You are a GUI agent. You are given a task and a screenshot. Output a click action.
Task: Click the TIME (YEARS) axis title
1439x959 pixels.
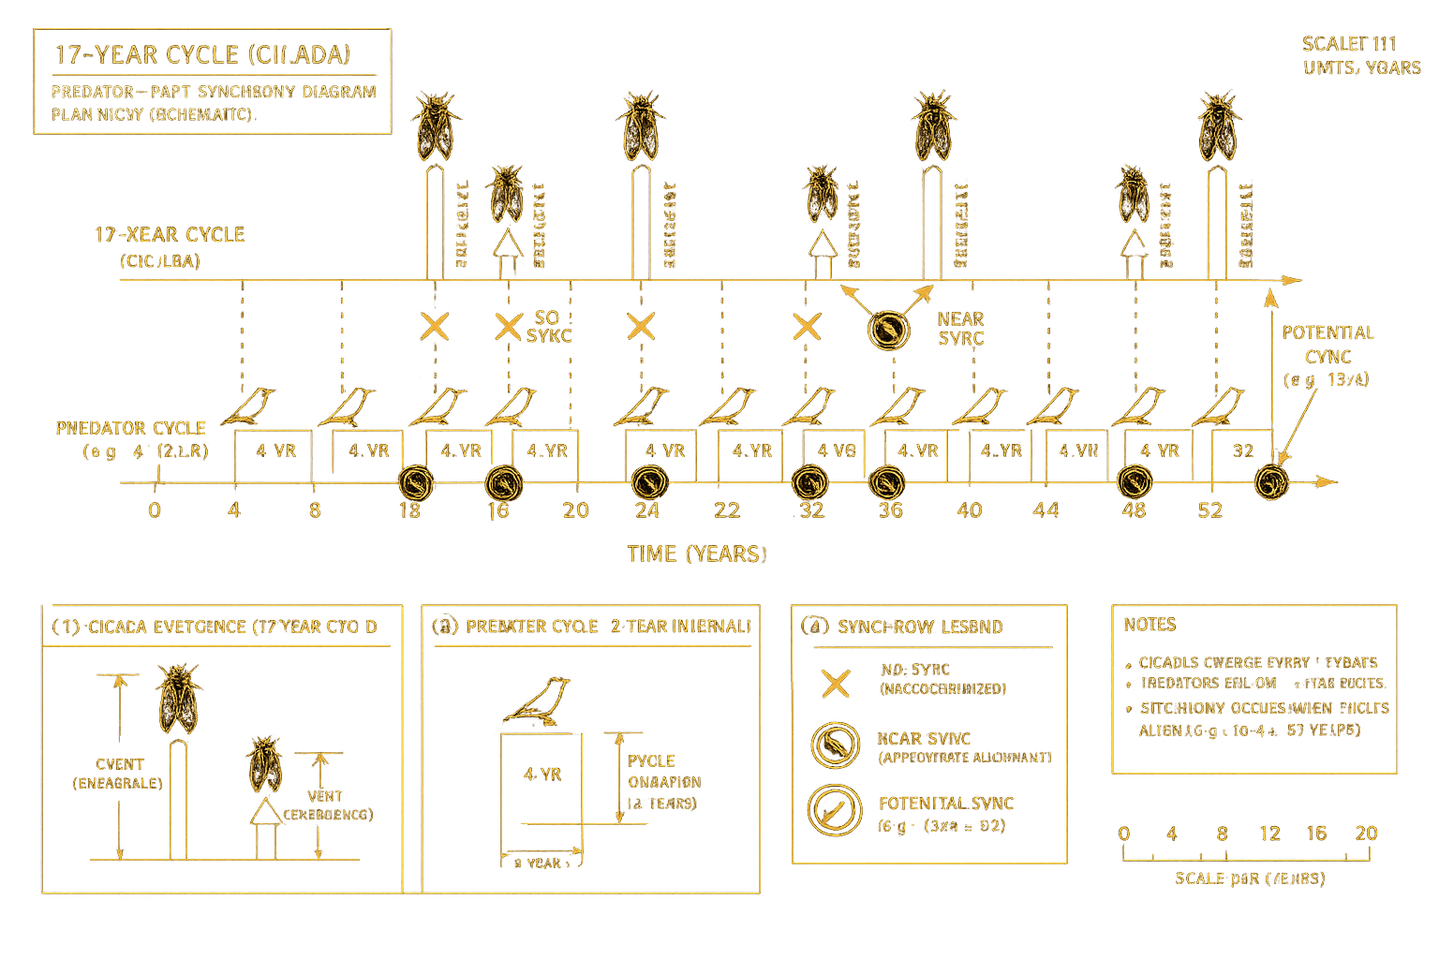(x=697, y=553)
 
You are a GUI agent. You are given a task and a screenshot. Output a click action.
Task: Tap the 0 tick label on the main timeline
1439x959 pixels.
(x=155, y=510)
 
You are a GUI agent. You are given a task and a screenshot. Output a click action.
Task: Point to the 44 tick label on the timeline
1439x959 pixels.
(x=1046, y=510)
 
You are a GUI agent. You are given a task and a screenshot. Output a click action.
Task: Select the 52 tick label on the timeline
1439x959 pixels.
(x=1210, y=510)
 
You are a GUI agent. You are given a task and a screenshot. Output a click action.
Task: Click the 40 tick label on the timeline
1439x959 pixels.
(x=969, y=510)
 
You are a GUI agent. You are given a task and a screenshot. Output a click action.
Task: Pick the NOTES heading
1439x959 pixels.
(x=1150, y=625)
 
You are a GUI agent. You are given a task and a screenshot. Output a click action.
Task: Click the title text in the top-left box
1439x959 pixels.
(x=202, y=55)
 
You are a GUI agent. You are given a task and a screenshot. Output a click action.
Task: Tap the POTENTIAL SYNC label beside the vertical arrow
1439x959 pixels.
(x=1328, y=345)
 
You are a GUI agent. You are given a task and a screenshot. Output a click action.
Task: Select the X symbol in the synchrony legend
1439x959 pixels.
(x=835, y=684)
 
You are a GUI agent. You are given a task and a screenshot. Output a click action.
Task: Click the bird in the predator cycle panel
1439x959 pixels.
(x=538, y=701)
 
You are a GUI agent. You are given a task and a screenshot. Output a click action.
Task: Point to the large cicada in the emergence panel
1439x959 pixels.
(x=178, y=700)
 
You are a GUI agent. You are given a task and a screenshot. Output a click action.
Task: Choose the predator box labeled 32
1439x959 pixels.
(x=1242, y=451)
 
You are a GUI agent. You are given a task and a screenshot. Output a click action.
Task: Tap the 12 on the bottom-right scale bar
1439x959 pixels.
(x=1269, y=834)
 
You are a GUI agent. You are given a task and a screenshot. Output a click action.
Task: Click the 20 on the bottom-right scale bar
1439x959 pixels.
(x=1367, y=834)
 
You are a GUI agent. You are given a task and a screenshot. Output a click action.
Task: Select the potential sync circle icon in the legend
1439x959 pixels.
(x=835, y=811)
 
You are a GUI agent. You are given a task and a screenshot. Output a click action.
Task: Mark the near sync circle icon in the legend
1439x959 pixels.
(x=835, y=745)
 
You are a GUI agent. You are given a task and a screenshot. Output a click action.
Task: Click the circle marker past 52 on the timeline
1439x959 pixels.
(x=1271, y=483)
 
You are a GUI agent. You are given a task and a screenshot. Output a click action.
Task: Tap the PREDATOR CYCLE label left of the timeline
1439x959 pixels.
(x=131, y=429)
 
